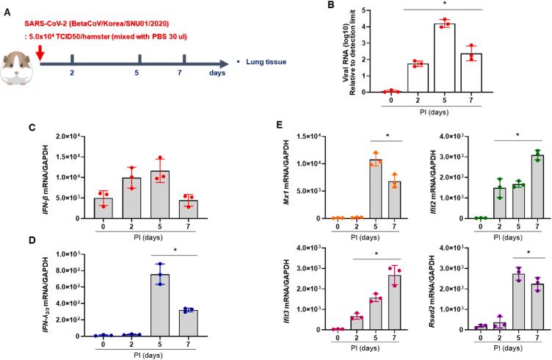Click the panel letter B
click(x=332, y=7)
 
